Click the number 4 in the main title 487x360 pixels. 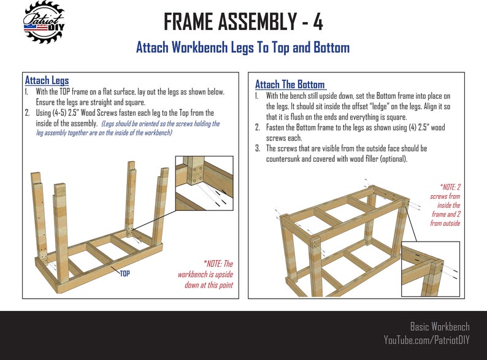[316, 23]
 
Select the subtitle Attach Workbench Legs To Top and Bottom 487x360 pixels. [243, 48]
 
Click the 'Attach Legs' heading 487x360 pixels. [47, 80]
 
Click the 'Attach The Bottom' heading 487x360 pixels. [290, 85]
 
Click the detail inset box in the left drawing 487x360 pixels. [204, 183]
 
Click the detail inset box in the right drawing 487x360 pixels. [430, 269]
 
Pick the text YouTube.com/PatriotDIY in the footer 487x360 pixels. [426, 339]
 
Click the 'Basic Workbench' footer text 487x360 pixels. [439, 326]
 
